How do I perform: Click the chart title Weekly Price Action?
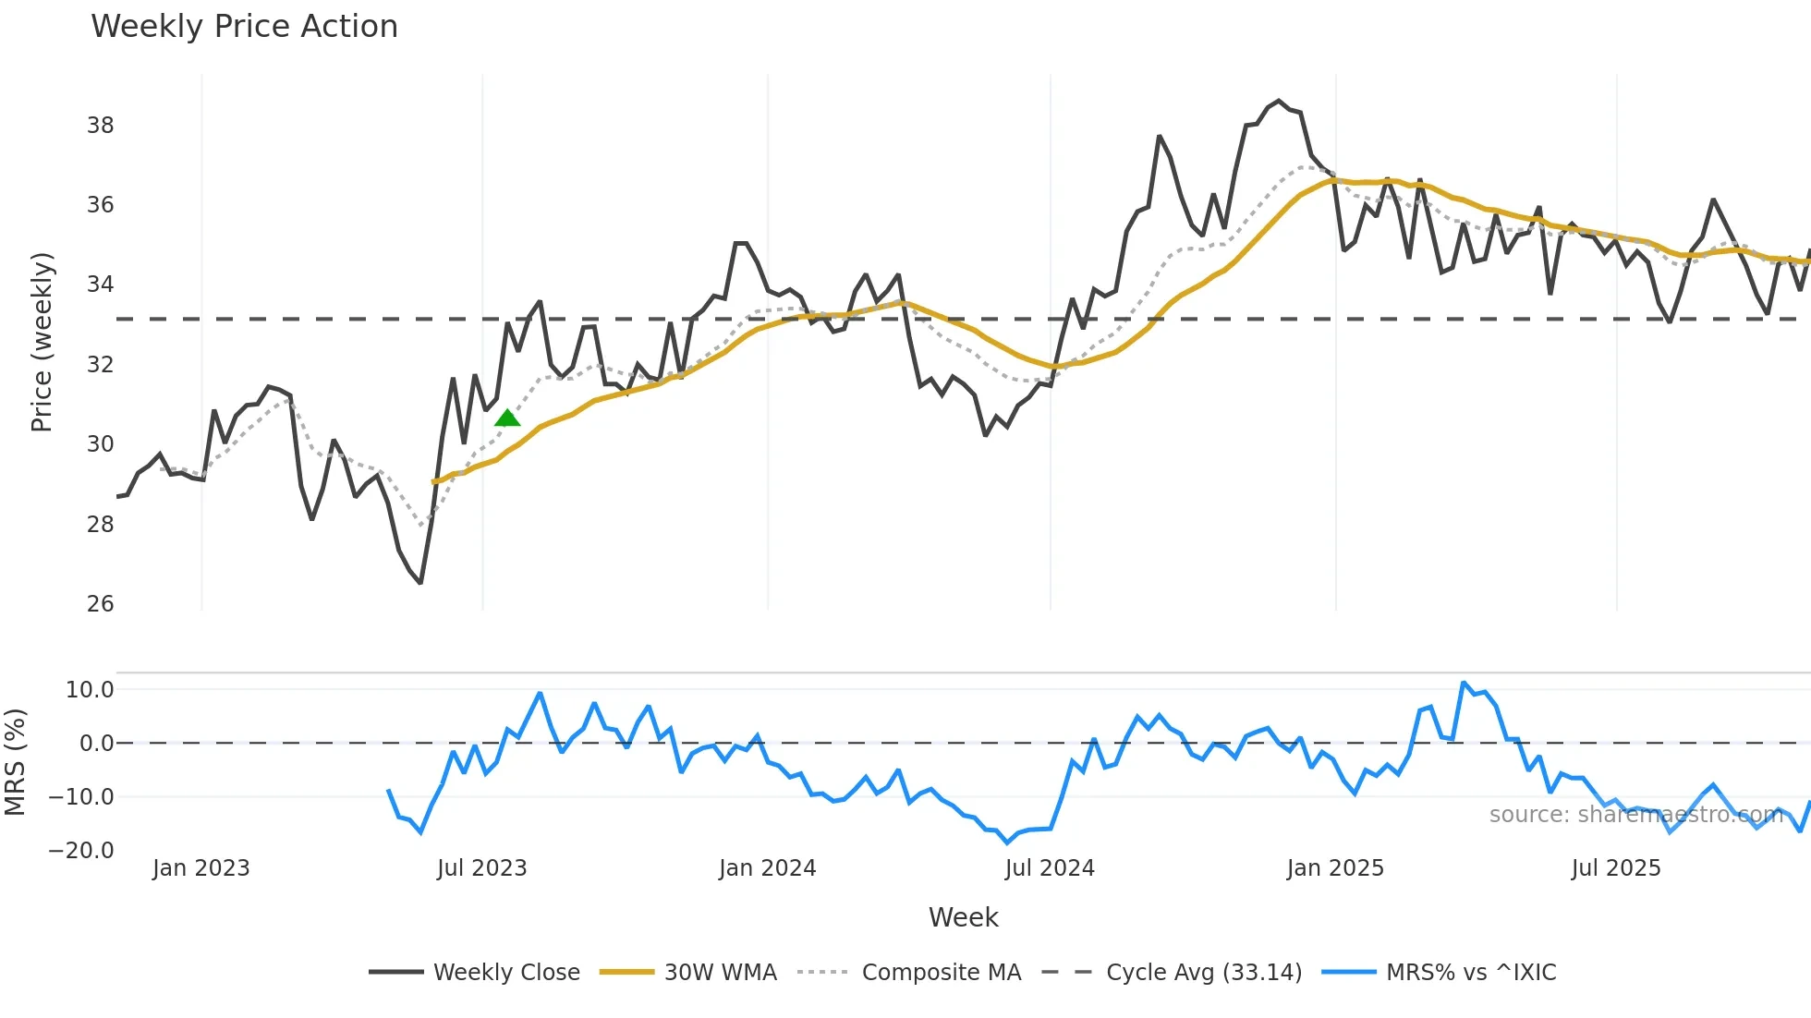pos(244,27)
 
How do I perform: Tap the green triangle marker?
pos(507,418)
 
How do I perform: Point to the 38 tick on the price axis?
pos(100,126)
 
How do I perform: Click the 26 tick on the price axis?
pos(100,604)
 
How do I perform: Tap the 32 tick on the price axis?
pos(100,365)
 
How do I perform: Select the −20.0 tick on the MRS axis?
pos(81,851)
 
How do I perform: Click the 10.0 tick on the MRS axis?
pos(90,690)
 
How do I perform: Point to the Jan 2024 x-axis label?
pos(767,868)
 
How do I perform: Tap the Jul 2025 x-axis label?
pos(1616,868)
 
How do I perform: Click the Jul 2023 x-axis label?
pos(481,868)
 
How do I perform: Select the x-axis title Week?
pos(963,917)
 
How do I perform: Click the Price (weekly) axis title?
pos(43,342)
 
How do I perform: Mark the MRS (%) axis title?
pos(15,762)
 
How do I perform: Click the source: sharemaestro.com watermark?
pos(1635,815)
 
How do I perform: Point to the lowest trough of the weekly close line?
pos(420,583)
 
